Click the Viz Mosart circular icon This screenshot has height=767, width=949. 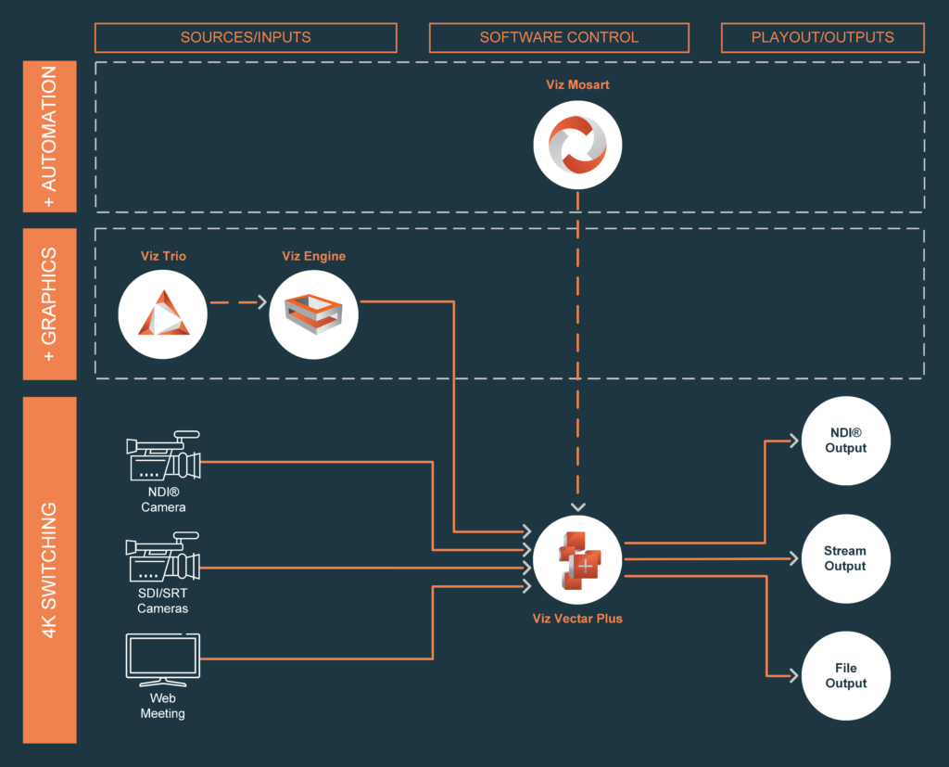point(577,145)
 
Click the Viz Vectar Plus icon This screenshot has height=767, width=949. point(577,560)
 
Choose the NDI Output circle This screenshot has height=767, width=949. point(845,441)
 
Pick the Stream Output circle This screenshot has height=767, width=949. point(845,559)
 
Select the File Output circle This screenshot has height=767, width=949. point(845,676)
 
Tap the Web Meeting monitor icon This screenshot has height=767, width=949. point(163,658)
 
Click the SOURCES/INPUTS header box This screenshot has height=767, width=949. point(246,38)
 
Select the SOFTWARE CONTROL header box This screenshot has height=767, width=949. point(559,38)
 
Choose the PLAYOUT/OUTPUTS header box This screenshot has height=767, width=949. point(823,38)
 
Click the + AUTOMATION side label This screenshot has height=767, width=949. point(49,135)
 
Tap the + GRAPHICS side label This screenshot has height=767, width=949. point(49,303)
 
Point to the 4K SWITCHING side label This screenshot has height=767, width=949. point(49,569)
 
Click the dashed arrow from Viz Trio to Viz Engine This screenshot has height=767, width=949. point(237,302)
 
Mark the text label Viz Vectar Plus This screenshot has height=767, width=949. point(577,618)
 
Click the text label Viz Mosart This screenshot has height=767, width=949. point(577,84)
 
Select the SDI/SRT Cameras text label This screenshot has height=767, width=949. point(163,601)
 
